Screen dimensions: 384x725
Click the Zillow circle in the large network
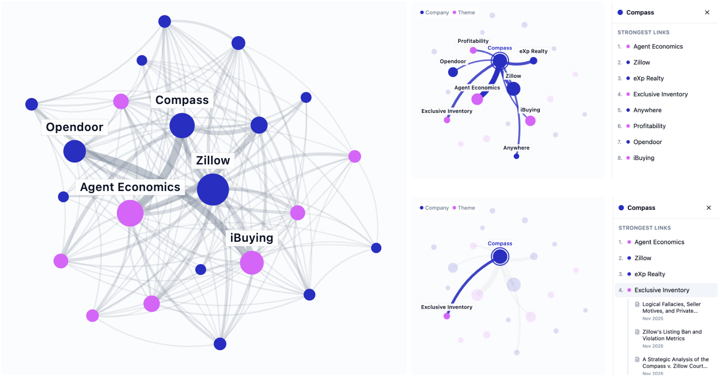[x=213, y=190]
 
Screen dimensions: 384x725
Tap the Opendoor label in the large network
[x=74, y=127]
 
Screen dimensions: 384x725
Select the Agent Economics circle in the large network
[x=130, y=213]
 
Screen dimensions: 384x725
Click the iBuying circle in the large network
[x=252, y=263]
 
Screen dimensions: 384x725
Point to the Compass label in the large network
[x=182, y=100]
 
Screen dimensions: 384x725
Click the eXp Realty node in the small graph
[x=533, y=60]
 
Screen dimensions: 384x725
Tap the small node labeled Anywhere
[x=516, y=156]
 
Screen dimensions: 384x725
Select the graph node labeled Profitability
[x=473, y=50]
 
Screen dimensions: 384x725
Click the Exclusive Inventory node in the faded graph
[x=447, y=316]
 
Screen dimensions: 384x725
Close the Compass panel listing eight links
[x=707, y=13]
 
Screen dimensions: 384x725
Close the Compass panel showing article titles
[x=709, y=208]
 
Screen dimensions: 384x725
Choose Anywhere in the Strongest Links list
[x=647, y=110]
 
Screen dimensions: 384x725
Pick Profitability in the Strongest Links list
[x=649, y=126]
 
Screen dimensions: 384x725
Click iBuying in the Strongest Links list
[x=644, y=158]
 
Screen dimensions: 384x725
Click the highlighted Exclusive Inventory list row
[x=662, y=290]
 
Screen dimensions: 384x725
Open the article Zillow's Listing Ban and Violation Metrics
[x=672, y=335]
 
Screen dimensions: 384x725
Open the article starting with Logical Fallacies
[x=671, y=308]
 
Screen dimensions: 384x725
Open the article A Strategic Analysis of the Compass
[x=675, y=363]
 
